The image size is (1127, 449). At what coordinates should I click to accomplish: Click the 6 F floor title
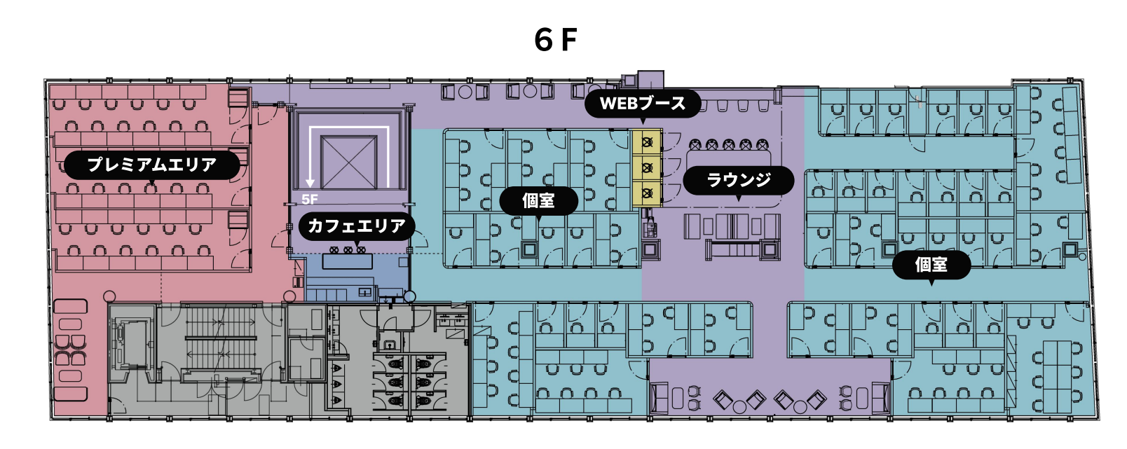(556, 40)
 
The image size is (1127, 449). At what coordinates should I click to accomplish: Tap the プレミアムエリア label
(152, 165)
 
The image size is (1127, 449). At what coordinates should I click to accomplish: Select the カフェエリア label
(356, 226)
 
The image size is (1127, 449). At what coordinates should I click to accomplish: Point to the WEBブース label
(643, 104)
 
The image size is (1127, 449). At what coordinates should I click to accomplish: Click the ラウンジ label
(739, 179)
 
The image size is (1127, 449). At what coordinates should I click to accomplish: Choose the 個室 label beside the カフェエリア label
(538, 200)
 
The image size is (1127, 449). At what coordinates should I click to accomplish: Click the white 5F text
(309, 200)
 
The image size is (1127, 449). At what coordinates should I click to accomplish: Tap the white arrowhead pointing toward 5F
(310, 184)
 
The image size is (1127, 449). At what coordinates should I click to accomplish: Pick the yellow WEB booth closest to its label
(647, 141)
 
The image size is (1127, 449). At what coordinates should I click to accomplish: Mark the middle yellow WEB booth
(647, 167)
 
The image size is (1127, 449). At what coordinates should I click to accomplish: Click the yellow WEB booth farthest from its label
(647, 193)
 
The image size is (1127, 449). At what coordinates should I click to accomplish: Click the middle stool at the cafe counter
(348, 250)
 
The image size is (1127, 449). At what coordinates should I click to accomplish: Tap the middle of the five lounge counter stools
(728, 145)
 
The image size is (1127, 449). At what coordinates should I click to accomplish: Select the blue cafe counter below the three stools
(347, 261)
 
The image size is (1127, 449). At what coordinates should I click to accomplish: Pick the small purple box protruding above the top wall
(650, 79)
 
